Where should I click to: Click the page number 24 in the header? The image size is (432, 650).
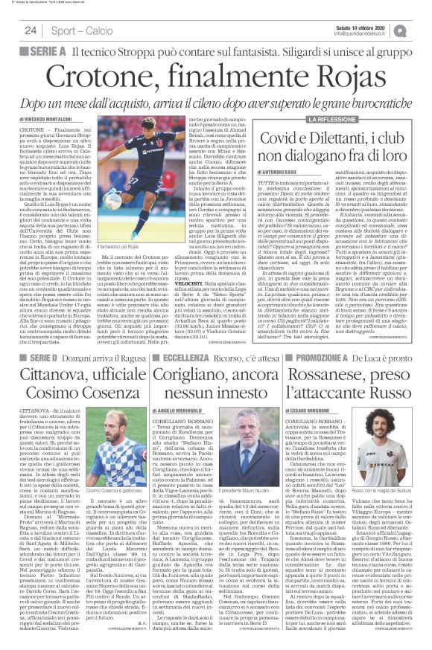31,30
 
